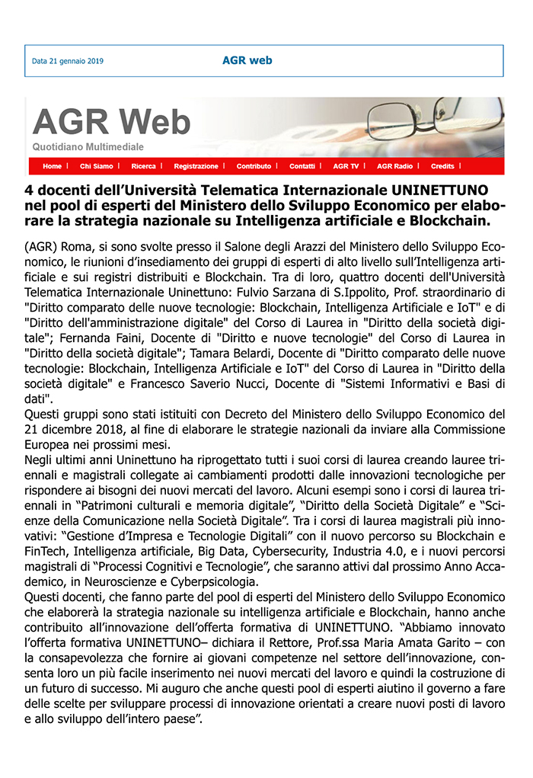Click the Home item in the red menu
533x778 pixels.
[x=52, y=166]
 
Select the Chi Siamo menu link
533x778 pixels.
[x=96, y=166]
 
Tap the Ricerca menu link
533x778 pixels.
[x=143, y=166]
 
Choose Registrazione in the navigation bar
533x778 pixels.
[x=196, y=166]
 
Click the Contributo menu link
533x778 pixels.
[x=254, y=166]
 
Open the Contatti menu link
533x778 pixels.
[x=302, y=166]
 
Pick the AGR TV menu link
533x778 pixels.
[x=346, y=166]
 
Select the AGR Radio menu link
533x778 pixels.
[x=394, y=166]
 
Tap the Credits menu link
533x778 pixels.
[x=442, y=166]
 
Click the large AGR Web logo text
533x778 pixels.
[x=111, y=122]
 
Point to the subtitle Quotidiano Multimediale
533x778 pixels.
[x=88, y=146]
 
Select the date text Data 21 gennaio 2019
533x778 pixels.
[x=68, y=61]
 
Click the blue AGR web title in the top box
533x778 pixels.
[x=247, y=60]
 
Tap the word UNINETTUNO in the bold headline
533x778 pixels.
[x=442, y=188]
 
